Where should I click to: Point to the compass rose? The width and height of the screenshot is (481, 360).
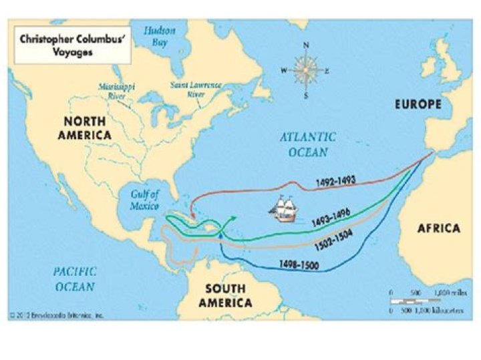[306, 70]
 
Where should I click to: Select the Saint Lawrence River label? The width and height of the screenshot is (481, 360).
[195, 89]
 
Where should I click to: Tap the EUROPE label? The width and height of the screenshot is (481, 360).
[418, 105]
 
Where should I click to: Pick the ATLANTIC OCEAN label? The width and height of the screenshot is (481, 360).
[307, 144]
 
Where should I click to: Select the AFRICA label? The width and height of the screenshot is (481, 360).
[438, 228]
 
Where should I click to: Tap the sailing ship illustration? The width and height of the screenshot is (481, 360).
[284, 209]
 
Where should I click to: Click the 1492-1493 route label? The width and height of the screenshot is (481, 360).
[337, 180]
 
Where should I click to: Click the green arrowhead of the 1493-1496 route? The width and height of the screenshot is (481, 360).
[232, 218]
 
